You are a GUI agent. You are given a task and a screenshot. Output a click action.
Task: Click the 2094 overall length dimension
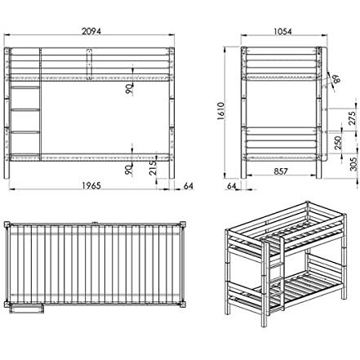click(x=91, y=31)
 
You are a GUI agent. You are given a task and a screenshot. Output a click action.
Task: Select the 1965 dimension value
click(x=91, y=185)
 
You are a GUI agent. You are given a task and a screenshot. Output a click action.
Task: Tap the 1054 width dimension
click(x=282, y=32)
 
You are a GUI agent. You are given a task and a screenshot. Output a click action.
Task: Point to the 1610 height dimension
click(x=221, y=111)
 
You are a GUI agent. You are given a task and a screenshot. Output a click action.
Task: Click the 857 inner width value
click(x=281, y=171)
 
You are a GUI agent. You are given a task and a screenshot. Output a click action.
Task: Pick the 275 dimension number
click(x=352, y=118)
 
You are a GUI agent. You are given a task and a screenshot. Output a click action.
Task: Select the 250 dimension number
click(x=338, y=143)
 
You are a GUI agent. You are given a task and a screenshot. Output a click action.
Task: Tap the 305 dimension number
click(x=353, y=164)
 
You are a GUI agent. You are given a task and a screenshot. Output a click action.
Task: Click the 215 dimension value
click(x=153, y=167)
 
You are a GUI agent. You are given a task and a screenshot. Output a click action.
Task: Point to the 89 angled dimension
click(x=336, y=79)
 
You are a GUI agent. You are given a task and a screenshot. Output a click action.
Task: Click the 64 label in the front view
click(x=189, y=186)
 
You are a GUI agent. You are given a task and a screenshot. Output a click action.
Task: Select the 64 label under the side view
click(x=232, y=186)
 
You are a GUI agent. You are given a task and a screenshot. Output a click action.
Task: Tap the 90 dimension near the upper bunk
click(x=129, y=89)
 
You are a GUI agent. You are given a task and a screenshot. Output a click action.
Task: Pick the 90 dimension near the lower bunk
click(x=129, y=170)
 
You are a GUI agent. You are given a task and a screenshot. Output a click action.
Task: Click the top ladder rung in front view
click(x=24, y=87)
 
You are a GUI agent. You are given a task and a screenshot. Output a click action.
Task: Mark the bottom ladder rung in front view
click(x=24, y=132)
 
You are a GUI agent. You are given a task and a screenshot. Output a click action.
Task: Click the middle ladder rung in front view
click(x=24, y=110)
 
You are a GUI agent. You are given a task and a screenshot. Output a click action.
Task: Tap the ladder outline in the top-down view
click(x=26, y=309)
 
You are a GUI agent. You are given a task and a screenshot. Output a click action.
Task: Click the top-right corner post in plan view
click(x=182, y=225)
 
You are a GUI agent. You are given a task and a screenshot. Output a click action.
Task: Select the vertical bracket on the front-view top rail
click(x=89, y=64)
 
